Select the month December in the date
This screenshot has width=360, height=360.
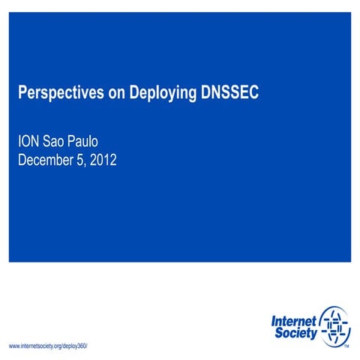click(x=46, y=159)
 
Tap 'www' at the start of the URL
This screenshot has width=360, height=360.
click(x=13, y=346)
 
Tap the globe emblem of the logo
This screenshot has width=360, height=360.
click(x=334, y=326)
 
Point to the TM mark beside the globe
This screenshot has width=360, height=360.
click(x=346, y=346)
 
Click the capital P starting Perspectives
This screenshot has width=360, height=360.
click(x=22, y=93)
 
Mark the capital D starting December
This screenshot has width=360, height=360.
click(x=22, y=159)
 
